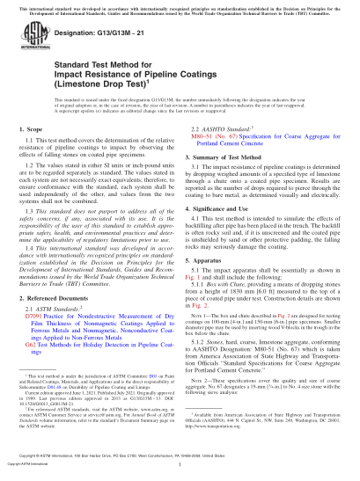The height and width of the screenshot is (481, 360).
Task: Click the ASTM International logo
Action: pos(34,42)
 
